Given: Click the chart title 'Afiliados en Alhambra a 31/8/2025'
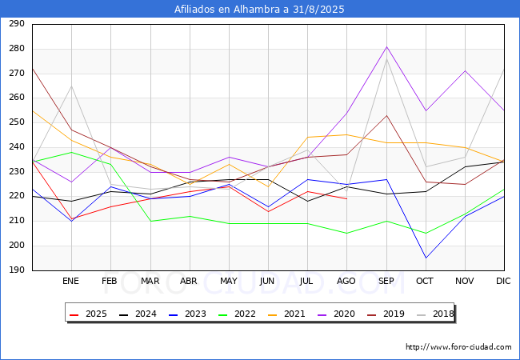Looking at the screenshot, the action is (x=259, y=10).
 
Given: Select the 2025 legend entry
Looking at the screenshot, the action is (x=88, y=314).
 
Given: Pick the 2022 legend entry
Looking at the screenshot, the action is (x=237, y=314).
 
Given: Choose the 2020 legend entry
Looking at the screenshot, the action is (x=336, y=314).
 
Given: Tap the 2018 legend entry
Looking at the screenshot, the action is (x=435, y=314).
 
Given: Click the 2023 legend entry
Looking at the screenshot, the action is (x=187, y=314).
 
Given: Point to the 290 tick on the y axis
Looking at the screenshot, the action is (x=17, y=24).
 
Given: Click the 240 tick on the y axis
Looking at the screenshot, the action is (x=17, y=147).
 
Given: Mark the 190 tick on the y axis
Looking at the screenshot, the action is (x=17, y=270).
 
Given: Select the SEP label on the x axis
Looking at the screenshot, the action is (x=386, y=281).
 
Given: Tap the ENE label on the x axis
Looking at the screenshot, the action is (x=71, y=281).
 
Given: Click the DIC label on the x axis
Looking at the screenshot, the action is (x=503, y=281).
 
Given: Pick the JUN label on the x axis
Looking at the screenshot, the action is (x=267, y=281).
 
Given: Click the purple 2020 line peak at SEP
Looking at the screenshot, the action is (x=386, y=46).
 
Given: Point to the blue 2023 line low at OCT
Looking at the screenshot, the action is (x=426, y=258).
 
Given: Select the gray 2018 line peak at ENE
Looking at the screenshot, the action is (x=71, y=86).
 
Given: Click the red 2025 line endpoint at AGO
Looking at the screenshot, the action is (x=347, y=199).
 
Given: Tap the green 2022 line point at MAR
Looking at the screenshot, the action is (x=151, y=221).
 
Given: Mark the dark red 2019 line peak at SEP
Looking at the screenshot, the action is (x=386, y=115).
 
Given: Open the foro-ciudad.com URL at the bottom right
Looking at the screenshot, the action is (x=458, y=347).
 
